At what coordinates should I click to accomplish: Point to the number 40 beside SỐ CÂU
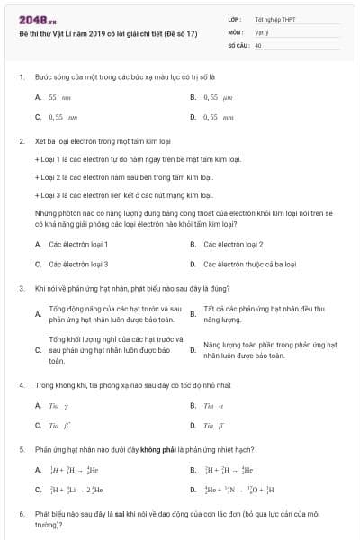[x=258, y=43]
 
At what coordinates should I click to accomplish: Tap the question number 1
[x=21, y=77]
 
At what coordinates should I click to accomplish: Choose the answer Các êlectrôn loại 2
[x=232, y=244]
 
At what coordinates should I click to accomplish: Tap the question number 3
[x=21, y=288]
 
